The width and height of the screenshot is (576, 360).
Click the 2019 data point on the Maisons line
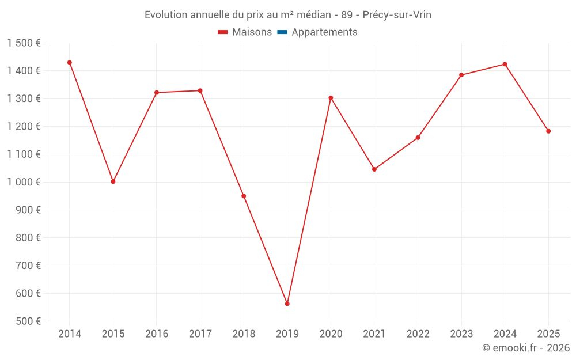287,304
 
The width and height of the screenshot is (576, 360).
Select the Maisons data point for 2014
70,62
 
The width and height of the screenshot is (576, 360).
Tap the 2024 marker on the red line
505,64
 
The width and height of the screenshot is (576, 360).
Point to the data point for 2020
331,98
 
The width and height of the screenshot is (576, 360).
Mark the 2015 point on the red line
113,181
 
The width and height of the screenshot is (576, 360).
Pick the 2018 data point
244,196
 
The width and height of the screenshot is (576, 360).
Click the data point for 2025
548,131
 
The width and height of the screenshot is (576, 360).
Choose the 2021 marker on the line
374,169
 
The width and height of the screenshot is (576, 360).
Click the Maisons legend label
252,32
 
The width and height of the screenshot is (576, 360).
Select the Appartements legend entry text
324,32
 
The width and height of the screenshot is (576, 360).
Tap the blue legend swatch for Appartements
282,32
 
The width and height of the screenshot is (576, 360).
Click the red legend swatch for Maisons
223,32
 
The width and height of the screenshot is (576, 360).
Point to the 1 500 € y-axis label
24,43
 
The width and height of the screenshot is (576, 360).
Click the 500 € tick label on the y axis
28,321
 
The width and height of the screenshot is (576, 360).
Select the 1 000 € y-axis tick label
24,182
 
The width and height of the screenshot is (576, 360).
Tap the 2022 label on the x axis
418,334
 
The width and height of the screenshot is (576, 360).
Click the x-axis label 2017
200,334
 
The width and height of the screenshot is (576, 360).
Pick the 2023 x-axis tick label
461,334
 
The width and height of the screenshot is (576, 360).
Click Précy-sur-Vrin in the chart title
397,15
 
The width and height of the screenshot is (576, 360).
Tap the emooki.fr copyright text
526,348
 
